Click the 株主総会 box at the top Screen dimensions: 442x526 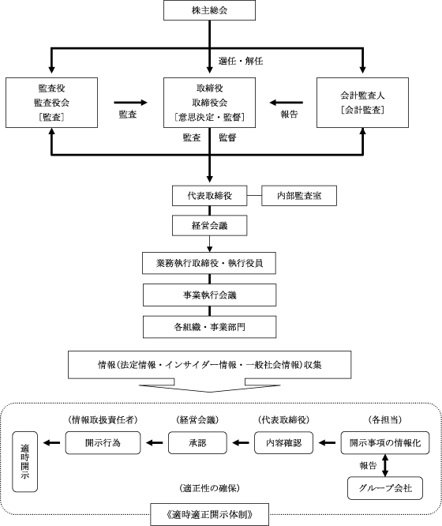pos(209,10)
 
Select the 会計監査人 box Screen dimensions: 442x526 pos(362,103)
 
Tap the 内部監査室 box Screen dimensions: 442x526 pos(299,196)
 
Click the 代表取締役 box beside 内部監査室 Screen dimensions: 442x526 pos(210,196)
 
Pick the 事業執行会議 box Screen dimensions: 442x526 pos(210,295)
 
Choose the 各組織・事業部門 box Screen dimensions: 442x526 pos(210,327)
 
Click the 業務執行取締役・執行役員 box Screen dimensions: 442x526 pos(209,263)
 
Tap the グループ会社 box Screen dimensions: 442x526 pos(385,488)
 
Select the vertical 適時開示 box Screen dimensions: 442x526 pos(24,461)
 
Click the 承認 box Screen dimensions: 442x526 pos(197,443)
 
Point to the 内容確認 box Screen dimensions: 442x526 pos(283,443)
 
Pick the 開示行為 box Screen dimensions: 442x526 pos(103,443)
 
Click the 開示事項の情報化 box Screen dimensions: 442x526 pos(385,443)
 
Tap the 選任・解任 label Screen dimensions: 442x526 pos(241,61)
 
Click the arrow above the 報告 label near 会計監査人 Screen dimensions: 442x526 pos(286,103)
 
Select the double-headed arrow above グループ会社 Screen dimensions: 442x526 pos(385,465)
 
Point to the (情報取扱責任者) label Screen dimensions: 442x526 pos(103,419)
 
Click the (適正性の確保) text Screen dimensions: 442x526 pos(210,488)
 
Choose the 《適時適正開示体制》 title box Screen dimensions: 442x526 pos(210,514)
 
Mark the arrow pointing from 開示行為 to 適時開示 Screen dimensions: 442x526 pos(51,443)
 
